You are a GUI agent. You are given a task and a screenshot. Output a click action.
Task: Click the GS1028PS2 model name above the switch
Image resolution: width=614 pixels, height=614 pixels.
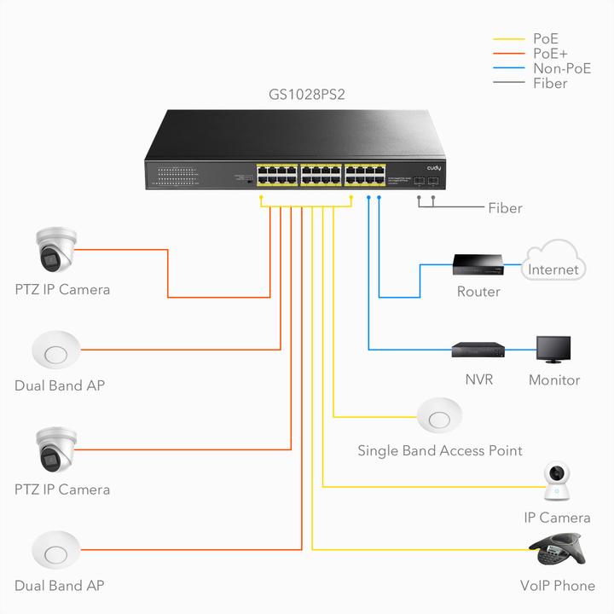pyautogui.click(x=308, y=94)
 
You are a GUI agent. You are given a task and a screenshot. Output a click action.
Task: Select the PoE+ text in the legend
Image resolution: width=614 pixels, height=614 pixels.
pyautogui.click(x=550, y=54)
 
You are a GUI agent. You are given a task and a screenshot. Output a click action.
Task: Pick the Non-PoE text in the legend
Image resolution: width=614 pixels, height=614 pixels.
pyautogui.click(x=561, y=68)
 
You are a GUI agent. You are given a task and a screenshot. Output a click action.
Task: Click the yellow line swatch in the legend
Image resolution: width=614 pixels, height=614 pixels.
pyautogui.click(x=509, y=39)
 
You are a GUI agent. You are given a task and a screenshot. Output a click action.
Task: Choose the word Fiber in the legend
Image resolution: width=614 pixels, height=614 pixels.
pyautogui.click(x=550, y=84)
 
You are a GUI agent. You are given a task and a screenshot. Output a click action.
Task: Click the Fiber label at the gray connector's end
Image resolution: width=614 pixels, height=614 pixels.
pyautogui.click(x=505, y=208)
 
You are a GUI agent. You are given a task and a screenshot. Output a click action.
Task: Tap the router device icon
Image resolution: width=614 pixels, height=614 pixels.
pyautogui.click(x=478, y=265)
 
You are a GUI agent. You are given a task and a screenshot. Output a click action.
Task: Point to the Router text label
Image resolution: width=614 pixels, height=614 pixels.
pyautogui.click(x=478, y=292)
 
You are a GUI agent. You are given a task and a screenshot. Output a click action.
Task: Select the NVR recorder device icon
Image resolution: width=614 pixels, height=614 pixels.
pyautogui.click(x=478, y=349)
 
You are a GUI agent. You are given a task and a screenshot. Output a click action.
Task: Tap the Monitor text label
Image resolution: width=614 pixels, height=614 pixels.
pyautogui.click(x=553, y=380)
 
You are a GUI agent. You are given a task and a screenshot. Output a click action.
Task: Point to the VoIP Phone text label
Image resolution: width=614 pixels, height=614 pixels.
pyautogui.click(x=557, y=586)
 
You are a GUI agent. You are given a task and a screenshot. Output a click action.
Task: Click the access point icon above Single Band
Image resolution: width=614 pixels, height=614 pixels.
pyautogui.click(x=439, y=417)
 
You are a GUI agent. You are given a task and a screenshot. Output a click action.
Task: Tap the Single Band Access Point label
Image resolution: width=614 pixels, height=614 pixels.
pyautogui.click(x=439, y=450)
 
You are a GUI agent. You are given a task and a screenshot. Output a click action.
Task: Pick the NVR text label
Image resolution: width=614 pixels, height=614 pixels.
pyautogui.click(x=478, y=380)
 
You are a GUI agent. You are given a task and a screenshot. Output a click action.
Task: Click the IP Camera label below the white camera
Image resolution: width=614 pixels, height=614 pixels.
pyautogui.click(x=557, y=518)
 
